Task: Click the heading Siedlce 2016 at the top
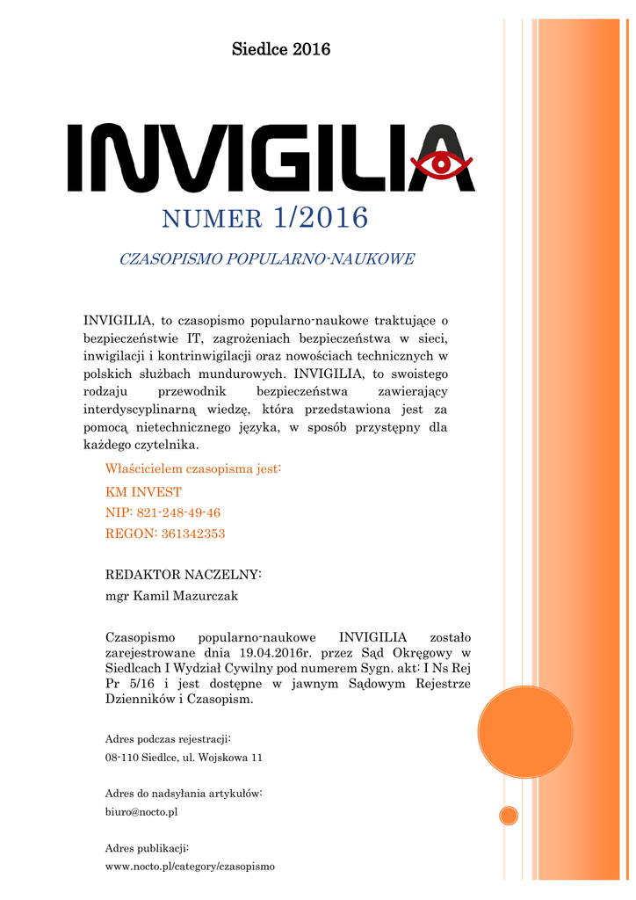281,49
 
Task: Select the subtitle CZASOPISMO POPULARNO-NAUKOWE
266,259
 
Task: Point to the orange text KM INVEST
143,492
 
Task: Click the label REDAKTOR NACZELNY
183,575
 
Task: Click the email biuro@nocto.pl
141,812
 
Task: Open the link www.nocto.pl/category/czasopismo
190,866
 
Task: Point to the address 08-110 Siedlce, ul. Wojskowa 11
184,757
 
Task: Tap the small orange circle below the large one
509,816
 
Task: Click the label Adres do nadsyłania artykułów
184,793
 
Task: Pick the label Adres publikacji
147,847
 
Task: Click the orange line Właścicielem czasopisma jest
192,468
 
